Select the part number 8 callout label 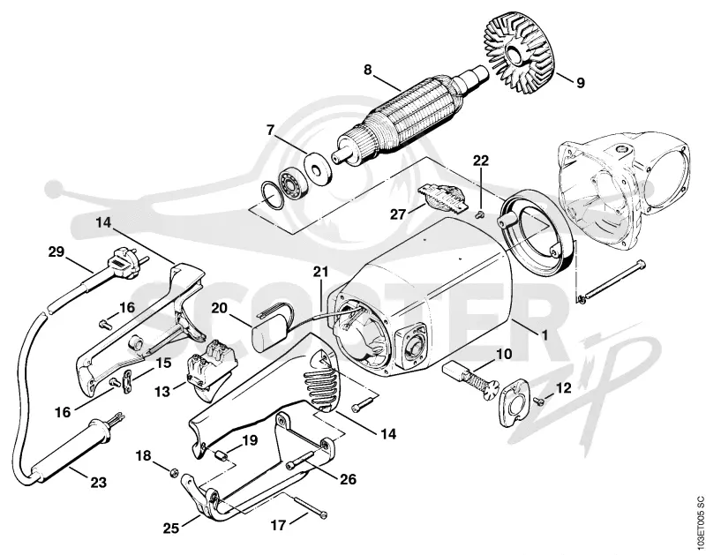368,71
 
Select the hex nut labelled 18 173,472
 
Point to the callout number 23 98,483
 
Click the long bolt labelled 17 310,506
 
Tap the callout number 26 347,479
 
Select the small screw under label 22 480,215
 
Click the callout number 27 398,214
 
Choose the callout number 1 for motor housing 545,335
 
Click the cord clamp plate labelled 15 127,376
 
